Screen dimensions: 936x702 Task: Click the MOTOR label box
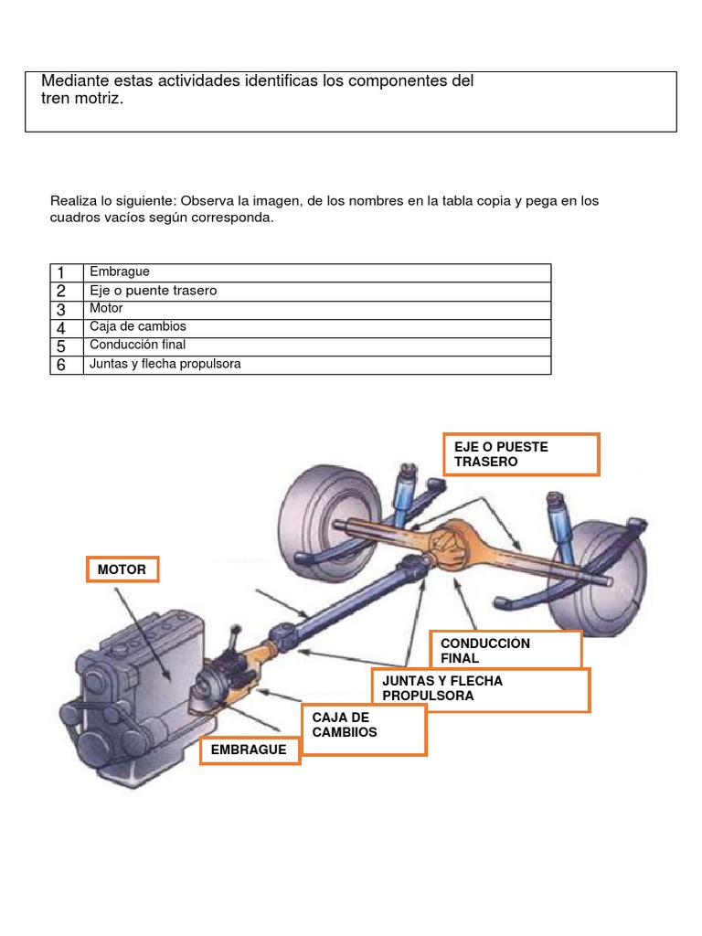coord(122,569)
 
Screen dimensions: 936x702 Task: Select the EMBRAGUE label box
coord(250,750)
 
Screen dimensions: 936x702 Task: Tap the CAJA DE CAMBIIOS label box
coord(364,729)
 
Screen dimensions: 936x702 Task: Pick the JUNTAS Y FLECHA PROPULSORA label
coord(480,689)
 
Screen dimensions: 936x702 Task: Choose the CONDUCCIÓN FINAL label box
coord(505,650)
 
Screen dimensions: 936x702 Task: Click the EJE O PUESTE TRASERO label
coord(521,454)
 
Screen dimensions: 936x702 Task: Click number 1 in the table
coord(61,272)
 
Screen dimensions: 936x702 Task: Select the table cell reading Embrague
coord(120,272)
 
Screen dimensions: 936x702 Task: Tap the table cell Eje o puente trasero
coord(154,291)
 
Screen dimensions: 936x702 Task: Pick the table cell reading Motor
coord(106,309)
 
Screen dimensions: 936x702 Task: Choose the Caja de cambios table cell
coord(138,327)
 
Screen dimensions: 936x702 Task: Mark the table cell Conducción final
coord(138,346)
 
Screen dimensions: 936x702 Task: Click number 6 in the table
coord(61,365)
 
